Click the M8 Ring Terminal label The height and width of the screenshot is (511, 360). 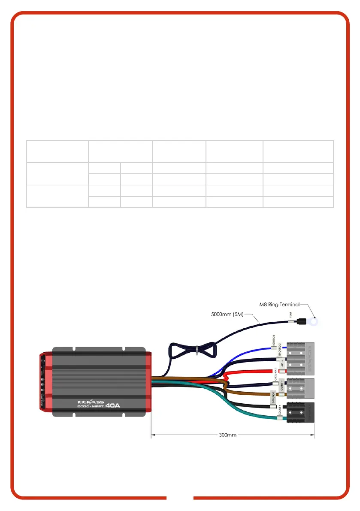279,305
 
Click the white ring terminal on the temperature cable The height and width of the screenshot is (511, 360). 316,320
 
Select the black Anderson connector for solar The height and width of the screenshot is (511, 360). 301,413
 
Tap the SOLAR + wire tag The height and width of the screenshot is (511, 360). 280,406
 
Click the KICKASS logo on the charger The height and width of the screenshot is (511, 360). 89,402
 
